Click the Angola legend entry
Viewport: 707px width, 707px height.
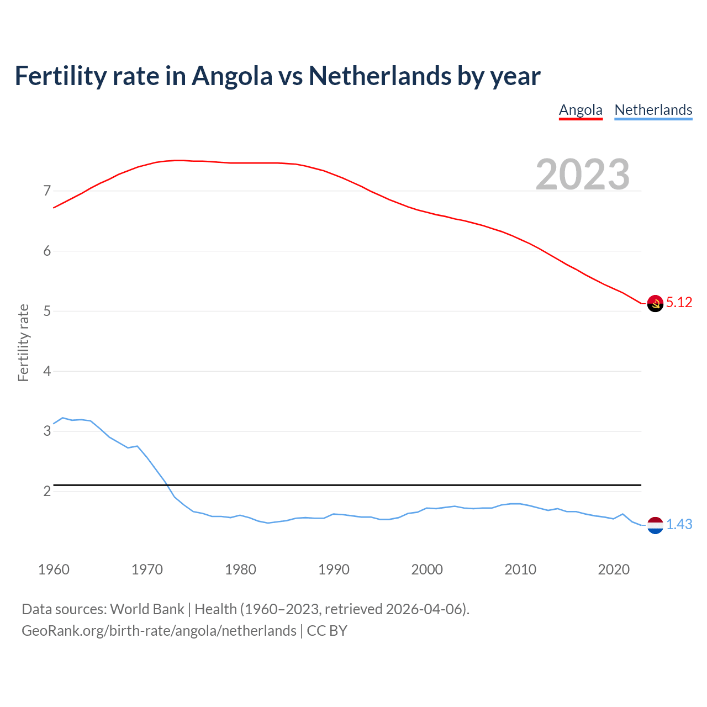(x=581, y=110)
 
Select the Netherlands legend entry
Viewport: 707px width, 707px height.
(x=653, y=110)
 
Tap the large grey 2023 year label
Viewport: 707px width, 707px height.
(x=583, y=175)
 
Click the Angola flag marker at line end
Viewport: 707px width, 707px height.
(x=655, y=303)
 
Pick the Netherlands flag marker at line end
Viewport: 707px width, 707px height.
(x=655, y=525)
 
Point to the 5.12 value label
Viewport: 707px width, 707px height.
(x=679, y=303)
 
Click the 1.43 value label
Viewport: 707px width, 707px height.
(x=679, y=525)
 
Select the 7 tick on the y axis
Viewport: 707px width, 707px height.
(x=47, y=191)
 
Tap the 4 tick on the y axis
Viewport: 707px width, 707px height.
(x=47, y=371)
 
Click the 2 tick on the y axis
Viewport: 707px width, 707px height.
(x=47, y=491)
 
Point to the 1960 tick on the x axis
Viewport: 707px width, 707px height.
(x=54, y=569)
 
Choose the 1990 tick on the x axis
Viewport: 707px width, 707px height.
(x=334, y=569)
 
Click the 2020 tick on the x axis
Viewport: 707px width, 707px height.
(x=614, y=569)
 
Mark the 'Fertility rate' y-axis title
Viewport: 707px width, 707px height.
(x=23, y=342)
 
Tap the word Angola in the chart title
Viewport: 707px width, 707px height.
(x=232, y=76)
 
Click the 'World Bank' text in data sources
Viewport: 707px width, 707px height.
(x=147, y=609)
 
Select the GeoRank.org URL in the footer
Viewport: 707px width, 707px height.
(x=159, y=631)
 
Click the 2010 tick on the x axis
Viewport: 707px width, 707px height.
(x=520, y=569)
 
